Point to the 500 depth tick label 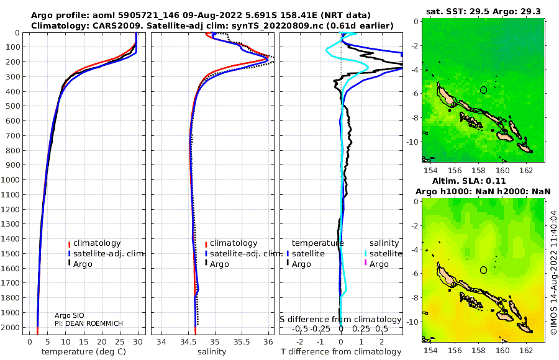[x=12, y=106]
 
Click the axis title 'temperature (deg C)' [x=84, y=351]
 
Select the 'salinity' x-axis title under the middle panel [x=212, y=351]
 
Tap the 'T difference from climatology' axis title [x=341, y=351]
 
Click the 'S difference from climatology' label [x=340, y=319]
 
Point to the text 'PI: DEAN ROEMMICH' [x=89, y=323]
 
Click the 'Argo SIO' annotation [x=70, y=315]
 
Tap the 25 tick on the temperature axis [x=120, y=342]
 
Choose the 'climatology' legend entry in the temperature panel [x=94, y=243]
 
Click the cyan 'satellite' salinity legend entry [x=383, y=253]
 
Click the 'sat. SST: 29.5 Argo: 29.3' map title [x=483, y=12]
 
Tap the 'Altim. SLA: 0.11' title [x=469, y=181]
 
